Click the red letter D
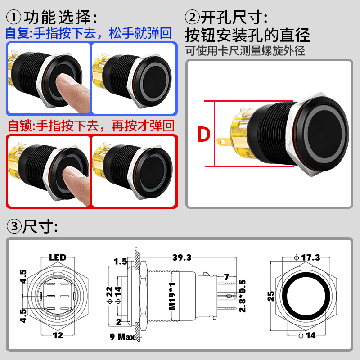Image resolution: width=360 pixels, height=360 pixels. tap(204, 134)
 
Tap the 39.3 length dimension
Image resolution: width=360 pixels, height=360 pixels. tap(182, 257)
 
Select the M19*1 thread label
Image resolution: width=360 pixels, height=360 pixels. tap(172, 296)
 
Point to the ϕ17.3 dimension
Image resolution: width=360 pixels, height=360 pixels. tap(307, 257)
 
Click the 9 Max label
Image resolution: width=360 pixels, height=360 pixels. tap(122, 337)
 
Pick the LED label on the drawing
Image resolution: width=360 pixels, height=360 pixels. tap(58, 257)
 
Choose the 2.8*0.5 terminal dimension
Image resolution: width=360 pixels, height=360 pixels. tap(243, 296)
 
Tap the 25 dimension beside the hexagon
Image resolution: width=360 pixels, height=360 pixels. tap(271, 296)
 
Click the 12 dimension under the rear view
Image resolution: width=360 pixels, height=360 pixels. tap(58, 335)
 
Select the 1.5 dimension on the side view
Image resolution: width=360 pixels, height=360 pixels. tap(120, 261)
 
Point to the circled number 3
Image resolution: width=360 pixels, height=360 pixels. tap(14, 226)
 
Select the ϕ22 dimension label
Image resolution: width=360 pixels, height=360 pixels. tap(110, 295)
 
